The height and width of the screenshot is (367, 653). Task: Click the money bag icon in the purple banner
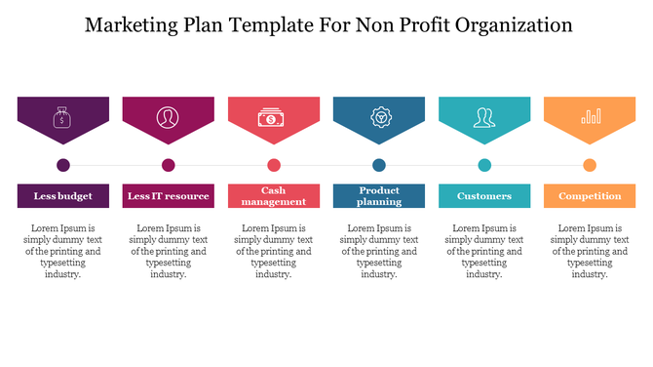coord(63,118)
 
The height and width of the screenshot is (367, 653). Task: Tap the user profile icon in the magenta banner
coord(169,118)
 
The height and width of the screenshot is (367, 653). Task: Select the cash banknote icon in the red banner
coord(274,118)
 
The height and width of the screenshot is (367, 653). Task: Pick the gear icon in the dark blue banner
coord(379,118)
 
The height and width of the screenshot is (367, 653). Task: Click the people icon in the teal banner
coord(484,118)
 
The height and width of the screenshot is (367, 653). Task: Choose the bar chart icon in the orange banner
coord(590,118)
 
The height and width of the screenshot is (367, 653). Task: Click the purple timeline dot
coord(63,165)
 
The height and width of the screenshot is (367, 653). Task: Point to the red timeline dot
coord(274,165)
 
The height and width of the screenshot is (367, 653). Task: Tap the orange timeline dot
coord(590,165)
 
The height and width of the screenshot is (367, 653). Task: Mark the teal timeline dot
coord(484,165)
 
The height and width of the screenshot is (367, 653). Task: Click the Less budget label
coord(63,196)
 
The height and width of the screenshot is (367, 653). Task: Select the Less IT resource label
coord(169,196)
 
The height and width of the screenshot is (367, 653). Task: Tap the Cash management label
coord(274,196)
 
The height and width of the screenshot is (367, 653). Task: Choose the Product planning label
coord(379,196)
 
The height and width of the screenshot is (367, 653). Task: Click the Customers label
coord(484,196)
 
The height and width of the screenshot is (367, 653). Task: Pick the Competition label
coord(590,196)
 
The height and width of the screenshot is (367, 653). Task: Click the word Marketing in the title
coord(132,24)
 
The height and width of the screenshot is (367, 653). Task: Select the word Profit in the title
coord(394,24)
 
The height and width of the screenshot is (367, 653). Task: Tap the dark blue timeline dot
coord(379,165)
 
